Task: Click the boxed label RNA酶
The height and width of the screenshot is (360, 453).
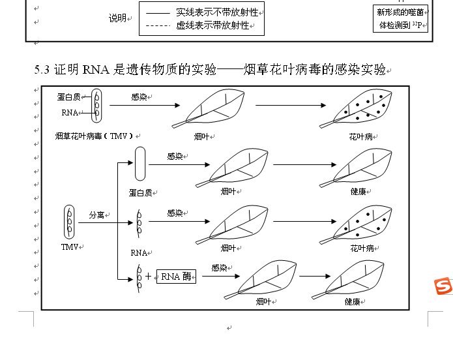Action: tap(176, 277)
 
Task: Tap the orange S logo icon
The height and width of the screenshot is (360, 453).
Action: tap(444, 286)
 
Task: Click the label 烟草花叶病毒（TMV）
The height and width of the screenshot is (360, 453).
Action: tap(95, 136)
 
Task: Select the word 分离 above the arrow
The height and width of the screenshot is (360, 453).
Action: tap(96, 215)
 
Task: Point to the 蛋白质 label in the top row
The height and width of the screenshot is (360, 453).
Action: tap(68, 97)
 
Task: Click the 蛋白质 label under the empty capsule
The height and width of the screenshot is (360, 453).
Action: tap(140, 192)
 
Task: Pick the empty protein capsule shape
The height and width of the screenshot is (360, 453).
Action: tap(140, 164)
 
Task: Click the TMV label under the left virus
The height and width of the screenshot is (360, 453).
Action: tap(69, 247)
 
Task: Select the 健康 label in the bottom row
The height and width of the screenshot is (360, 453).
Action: tap(353, 302)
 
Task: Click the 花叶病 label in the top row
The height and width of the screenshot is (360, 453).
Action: tap(360, 137)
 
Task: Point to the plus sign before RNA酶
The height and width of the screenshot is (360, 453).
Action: tap(148, 277)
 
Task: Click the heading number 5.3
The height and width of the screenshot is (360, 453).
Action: tap(42, 69)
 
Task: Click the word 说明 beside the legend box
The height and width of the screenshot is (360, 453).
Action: tap(117, 18)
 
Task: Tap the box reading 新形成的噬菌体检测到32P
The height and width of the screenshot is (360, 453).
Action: tap(401, 19)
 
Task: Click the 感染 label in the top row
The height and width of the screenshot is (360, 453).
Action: tap(139, 97)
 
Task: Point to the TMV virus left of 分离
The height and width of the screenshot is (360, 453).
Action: tap(69, 222)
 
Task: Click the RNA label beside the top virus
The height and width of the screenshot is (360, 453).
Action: tap(70, 113)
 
